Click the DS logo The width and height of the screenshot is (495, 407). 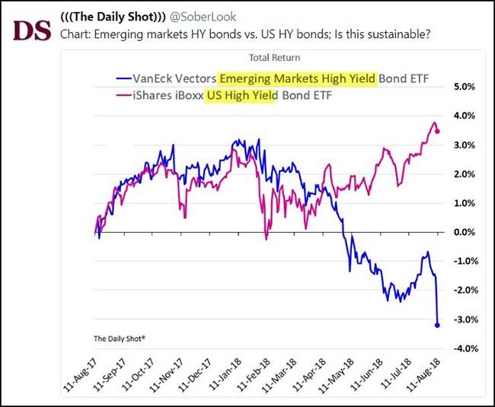click(31, 31)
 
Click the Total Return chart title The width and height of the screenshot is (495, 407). click(274, 58)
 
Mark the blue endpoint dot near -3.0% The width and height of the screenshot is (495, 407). click(437, 326)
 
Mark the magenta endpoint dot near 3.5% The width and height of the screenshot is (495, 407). click(437, 131)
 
